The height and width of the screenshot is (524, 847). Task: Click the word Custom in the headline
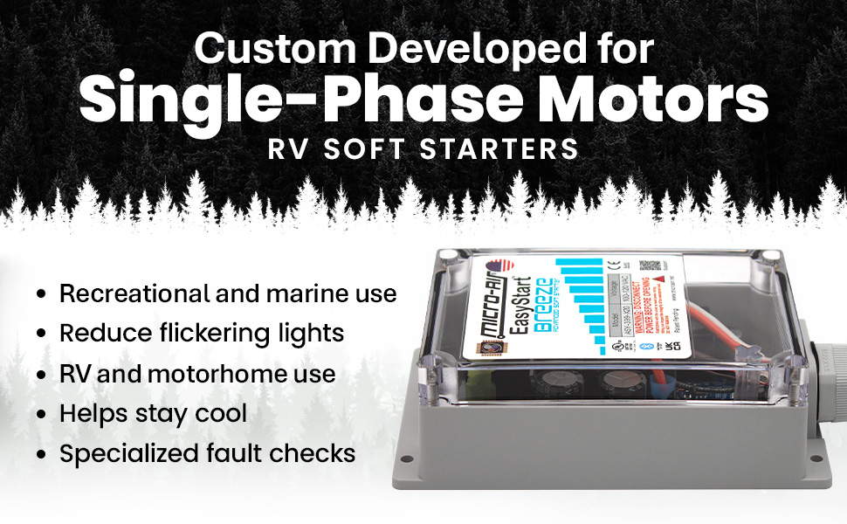click(x=267, y=49)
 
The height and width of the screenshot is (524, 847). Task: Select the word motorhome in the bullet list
click(x=217, y=374)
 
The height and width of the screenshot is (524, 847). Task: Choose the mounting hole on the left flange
click(x=407, y=458)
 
